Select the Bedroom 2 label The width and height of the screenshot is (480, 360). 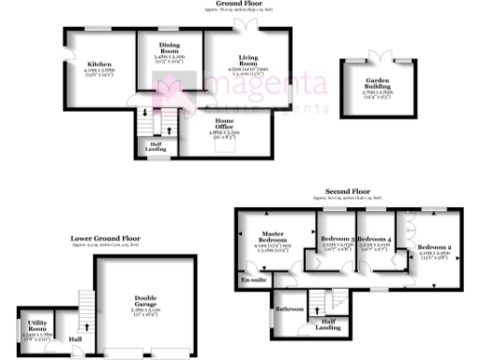(x=435, y=247)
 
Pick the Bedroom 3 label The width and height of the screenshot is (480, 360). (x=337, y=239)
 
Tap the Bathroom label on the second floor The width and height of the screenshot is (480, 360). (x=289, y=308)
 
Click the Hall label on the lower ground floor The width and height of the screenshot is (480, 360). (x=74, y=340)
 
